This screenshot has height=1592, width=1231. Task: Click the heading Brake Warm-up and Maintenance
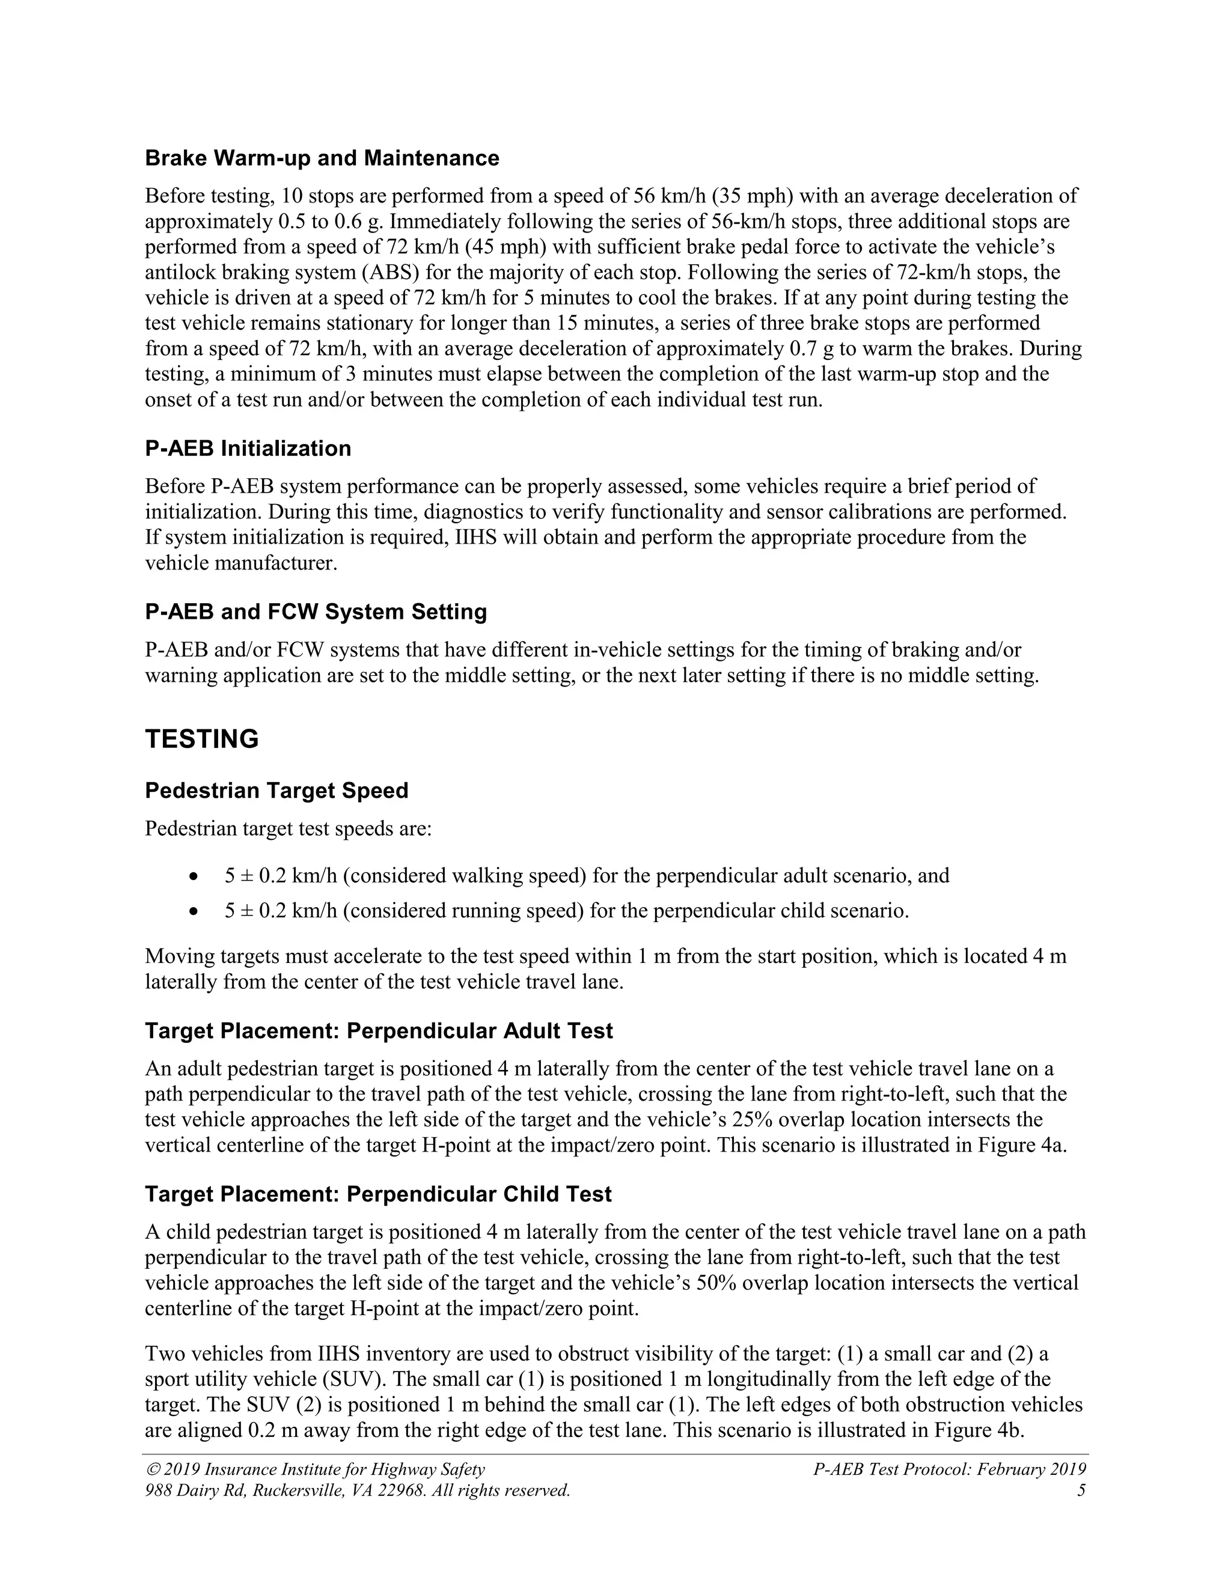tap(322, 158)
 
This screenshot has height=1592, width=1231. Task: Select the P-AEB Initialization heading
tap(248, 448)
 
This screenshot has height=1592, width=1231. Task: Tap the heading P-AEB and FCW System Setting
tap(316, 612)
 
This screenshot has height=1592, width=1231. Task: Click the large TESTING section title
tap(202, 739)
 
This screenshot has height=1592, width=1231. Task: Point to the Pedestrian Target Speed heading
tap(276, 791)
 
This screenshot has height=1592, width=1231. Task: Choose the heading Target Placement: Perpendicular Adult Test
tap(379, 1031)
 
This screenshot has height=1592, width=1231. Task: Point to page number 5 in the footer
tap(1081, 1490)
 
